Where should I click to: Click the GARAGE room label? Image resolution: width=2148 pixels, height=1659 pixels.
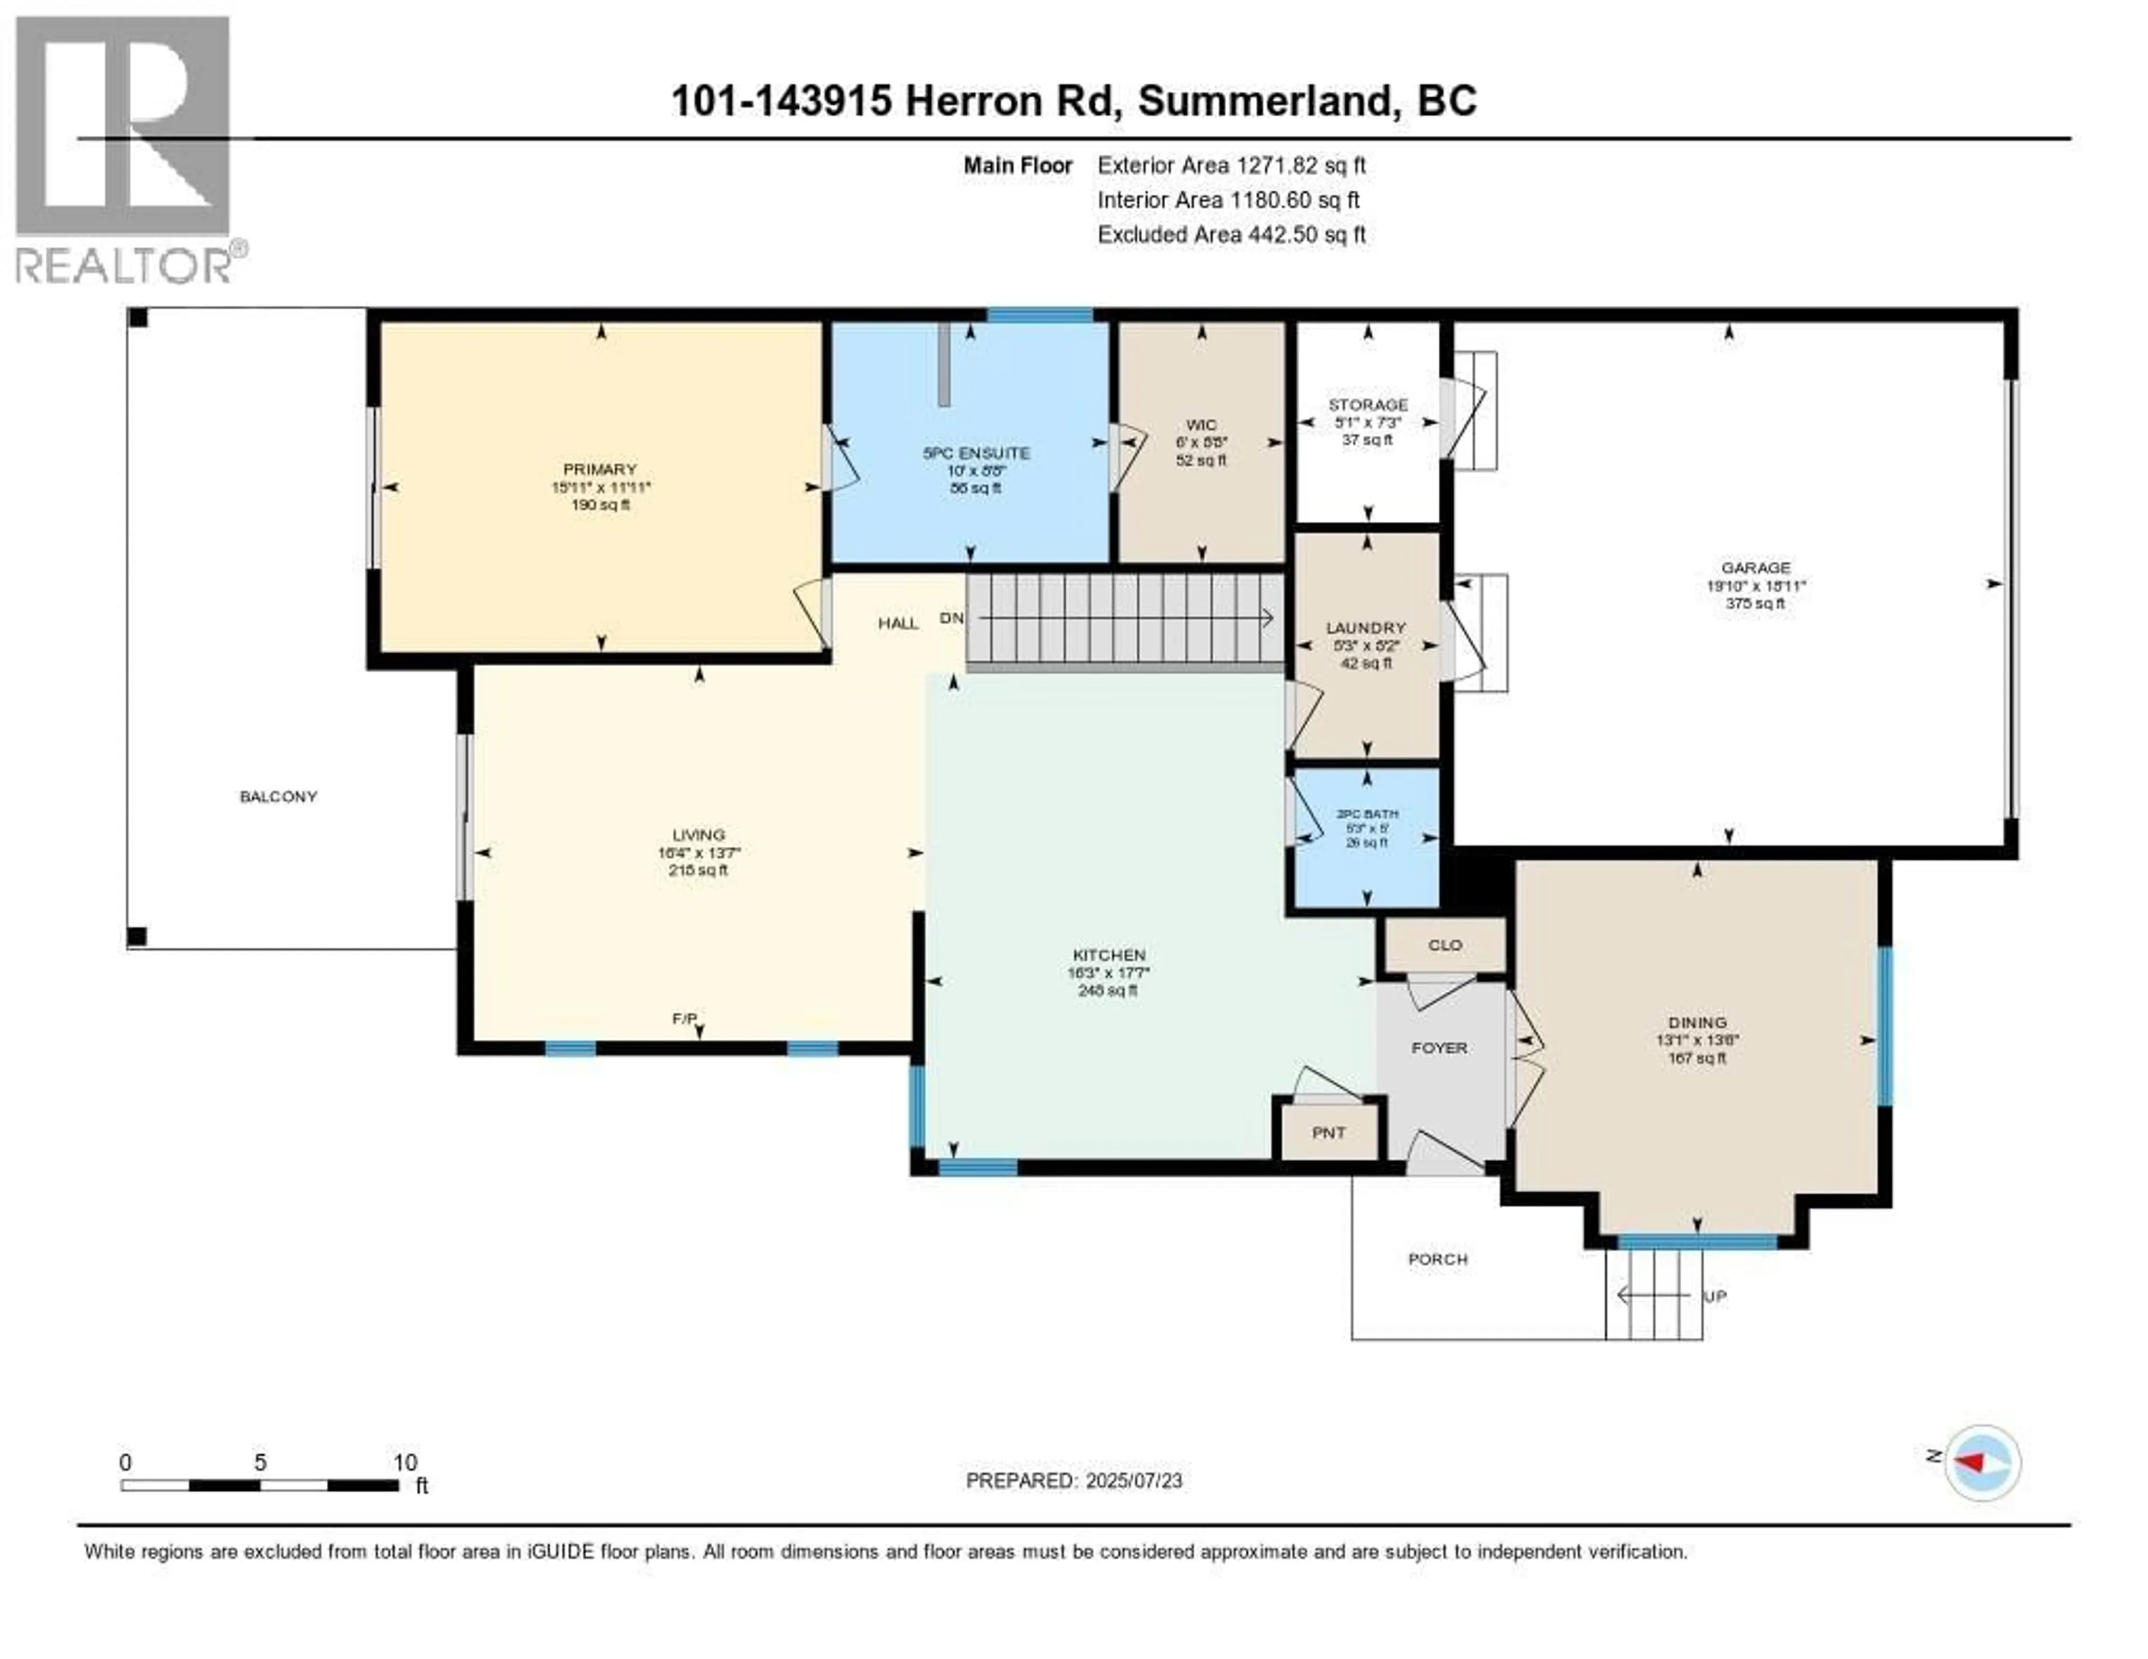coord(1755,567)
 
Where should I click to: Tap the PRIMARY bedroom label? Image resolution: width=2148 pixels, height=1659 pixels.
coord(600,469)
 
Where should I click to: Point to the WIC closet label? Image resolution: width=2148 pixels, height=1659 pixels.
coord(1201,425)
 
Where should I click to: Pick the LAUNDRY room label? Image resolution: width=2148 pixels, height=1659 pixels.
coord(1365,628)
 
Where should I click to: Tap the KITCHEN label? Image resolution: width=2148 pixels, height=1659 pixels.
coord(1109,954)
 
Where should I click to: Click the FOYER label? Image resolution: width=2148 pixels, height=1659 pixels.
coord(1439,1047)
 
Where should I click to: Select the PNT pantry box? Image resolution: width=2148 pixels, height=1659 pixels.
coord(1329,1133)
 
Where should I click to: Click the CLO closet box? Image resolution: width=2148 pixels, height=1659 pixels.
coord(1445,945)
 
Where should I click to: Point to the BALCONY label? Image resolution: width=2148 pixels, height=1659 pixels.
coord(279,796)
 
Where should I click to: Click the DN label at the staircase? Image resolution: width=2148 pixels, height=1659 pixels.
coord(951,618)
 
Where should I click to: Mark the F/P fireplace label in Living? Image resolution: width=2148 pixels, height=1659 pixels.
coord(685,1019)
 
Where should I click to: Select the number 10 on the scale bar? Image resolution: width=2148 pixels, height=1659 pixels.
coord(405,1462)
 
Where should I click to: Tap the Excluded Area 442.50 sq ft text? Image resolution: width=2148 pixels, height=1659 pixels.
coord(1231,234)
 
